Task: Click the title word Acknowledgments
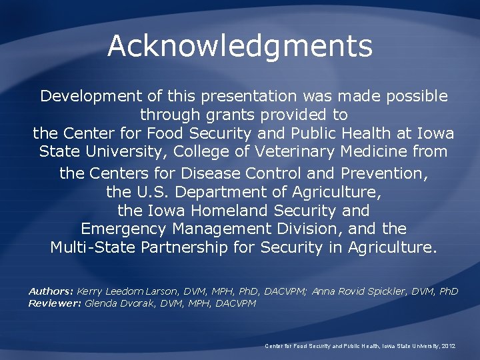click(239, 46)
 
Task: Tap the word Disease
click(211, 174)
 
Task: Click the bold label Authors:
click(51, 292)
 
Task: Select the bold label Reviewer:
click(55, 303)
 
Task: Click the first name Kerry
click(91, 292)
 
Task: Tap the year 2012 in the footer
click(447, 346)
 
